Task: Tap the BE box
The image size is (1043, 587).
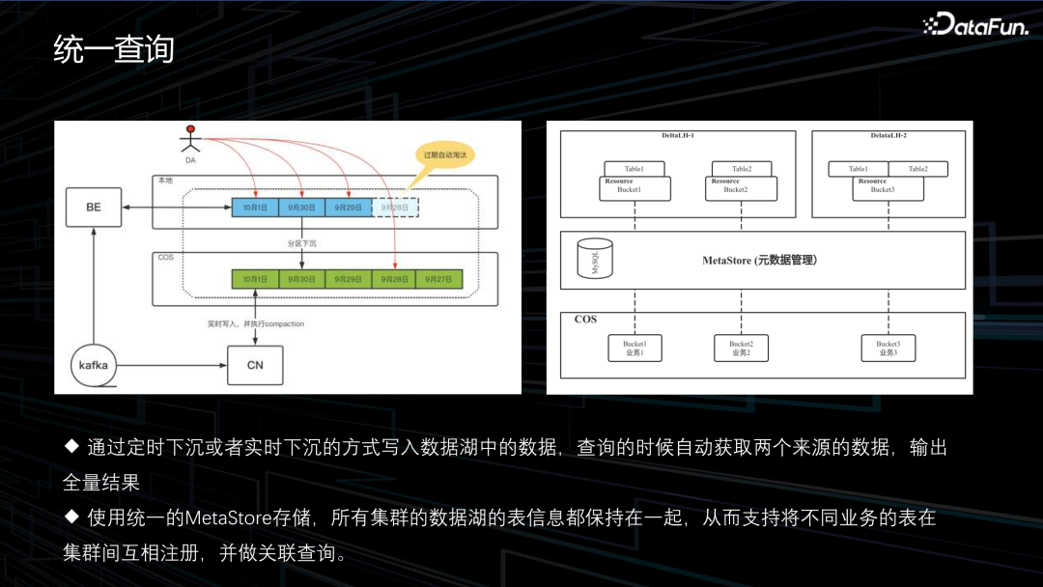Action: click(x=94, y=208)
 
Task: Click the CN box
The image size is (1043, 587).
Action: click(x=255, y=365)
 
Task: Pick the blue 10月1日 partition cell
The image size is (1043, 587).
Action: click(x=255, y=208)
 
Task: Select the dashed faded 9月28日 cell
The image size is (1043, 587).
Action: click(x=395, y=208)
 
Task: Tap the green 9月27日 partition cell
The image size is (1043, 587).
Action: click(x=439, y=279)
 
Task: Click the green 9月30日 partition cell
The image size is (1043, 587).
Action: click(x=301, y=279)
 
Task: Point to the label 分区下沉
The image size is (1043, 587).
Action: click(x=302, y=243)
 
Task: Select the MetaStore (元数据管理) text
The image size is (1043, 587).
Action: click(x=759, y=261)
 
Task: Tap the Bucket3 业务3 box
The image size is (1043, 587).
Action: click(x=888, y=349)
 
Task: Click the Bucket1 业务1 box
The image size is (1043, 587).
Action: click(x=634, y=349)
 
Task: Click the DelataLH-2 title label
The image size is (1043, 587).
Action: click(x=888, y=136)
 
